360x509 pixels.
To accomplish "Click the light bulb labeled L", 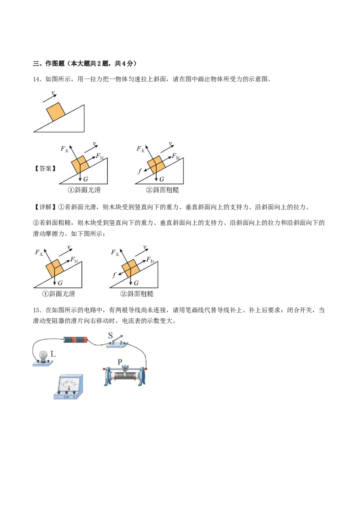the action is [43, 357].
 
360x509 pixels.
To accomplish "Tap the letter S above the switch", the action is [110, 335].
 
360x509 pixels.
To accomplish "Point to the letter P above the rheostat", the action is [120, 362].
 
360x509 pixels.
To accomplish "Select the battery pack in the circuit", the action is [76, 340].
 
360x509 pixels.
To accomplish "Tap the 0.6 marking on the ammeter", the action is [66, 397].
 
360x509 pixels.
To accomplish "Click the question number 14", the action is [37, 79].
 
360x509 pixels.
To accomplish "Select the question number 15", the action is [37, 310].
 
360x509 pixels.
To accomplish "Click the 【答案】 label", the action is [45, 169].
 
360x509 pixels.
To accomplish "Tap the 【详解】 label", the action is [45, 207].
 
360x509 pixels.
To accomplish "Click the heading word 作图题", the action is [54, 63].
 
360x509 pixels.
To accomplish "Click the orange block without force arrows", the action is [56, 112].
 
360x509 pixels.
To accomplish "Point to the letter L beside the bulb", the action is [53, 354].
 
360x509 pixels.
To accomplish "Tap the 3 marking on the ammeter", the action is [74, 397].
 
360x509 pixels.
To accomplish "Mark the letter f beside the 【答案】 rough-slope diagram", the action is [139, 171].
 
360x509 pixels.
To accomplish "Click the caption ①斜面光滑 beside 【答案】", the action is [85, 190].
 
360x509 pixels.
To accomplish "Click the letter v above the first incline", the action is [53, 93].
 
